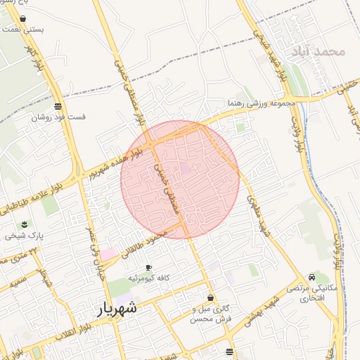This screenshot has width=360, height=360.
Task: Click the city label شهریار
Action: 115,308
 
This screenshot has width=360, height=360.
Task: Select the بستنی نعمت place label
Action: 25,30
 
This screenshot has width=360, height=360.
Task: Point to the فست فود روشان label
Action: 58,117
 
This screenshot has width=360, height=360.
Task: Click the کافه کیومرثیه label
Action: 148,279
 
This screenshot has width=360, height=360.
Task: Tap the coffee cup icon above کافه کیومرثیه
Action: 148,268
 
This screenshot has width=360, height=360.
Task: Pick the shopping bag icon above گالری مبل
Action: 210,297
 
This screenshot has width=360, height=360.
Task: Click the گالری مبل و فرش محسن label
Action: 211,314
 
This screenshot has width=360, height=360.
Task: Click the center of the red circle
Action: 180,179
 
